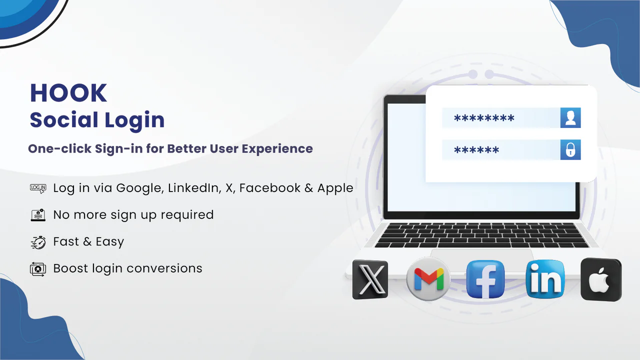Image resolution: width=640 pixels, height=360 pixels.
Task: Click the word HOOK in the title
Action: coord(68,93)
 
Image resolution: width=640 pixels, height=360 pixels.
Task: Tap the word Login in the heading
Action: coord(134,120)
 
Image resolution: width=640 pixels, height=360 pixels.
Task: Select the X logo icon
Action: coord(370,279)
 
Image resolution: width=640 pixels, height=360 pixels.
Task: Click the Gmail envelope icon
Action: coord(428,279)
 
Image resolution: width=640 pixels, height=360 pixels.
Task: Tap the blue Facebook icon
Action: coord(485,279)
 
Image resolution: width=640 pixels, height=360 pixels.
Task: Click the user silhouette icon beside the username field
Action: coord(570,118)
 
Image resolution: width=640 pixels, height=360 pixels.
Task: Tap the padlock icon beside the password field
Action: coord(570,150)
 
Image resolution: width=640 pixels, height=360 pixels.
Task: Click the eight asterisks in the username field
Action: coord(484,119)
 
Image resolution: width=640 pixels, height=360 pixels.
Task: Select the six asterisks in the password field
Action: coord(476,150)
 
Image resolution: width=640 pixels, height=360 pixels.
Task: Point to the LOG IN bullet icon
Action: coord(38,188)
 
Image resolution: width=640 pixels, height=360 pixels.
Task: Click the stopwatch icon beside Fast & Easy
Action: coord(38,242)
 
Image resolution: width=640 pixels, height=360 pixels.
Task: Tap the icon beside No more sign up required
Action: coord(38,215)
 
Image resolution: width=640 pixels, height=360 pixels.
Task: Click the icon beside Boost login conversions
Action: coord(38,269)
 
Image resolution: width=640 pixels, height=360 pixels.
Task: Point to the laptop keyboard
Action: coord(482,235)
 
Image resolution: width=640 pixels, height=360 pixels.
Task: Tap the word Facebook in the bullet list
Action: coord(273,188)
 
